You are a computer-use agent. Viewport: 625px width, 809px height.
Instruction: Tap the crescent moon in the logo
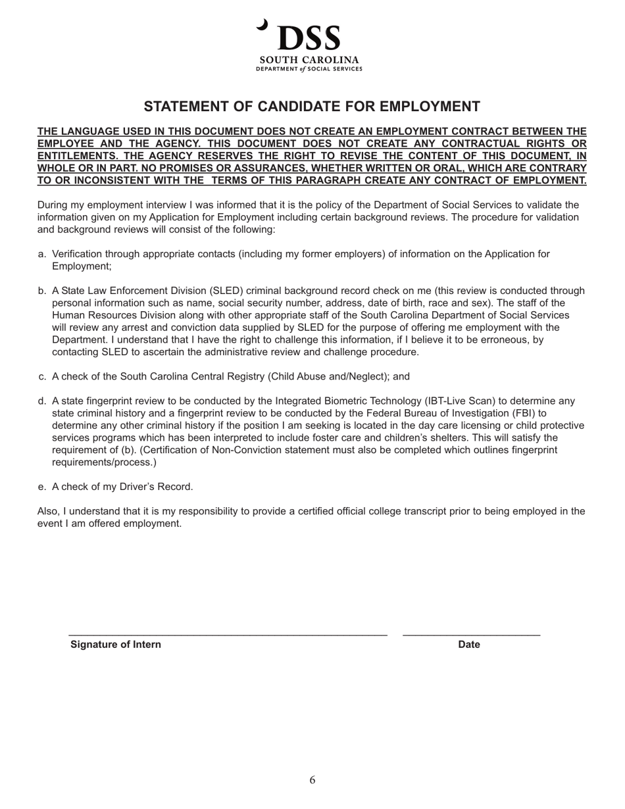pos(263,25)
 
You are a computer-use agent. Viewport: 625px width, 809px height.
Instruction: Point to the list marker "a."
pos(42,254)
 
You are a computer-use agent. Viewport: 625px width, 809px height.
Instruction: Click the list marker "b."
pos(42,291)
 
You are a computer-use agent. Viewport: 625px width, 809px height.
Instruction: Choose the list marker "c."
pos(42,377)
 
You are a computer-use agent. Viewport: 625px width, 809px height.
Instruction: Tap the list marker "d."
pos(42,401)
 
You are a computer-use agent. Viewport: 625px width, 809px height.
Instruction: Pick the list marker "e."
pos(42,487)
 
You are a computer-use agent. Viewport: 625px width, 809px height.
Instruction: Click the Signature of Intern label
pos(116,645)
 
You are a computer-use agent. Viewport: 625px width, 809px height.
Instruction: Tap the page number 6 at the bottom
pos(312,780)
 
